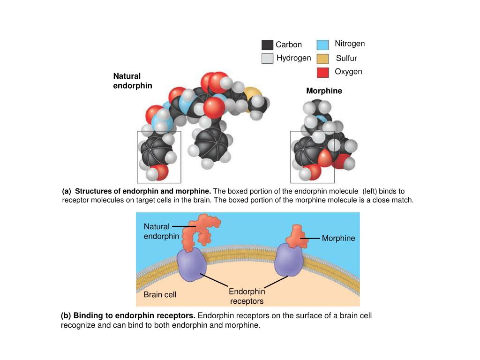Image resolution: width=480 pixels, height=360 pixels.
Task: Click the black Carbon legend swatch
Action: point(267,45)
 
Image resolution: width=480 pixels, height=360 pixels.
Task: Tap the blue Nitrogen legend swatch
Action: point(322,45)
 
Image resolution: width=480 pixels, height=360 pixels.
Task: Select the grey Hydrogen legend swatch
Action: point(267,59)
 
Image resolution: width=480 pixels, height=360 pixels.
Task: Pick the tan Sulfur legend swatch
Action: point(322,59)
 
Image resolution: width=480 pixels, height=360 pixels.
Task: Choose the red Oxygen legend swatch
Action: point(322,73)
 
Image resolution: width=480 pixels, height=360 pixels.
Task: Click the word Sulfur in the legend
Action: point(346,59)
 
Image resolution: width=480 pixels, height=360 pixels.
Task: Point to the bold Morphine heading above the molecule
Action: point(324,91)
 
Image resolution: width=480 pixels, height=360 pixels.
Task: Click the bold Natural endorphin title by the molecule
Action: point(133,81)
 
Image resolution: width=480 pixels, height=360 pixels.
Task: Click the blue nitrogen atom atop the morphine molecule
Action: point(320,120)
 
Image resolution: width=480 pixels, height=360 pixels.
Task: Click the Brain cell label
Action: point(160,295)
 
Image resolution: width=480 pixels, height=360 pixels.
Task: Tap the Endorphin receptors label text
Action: point(247,296)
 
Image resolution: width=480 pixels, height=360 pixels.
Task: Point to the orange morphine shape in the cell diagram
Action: point(295,237)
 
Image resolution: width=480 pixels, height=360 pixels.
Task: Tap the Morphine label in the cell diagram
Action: point(338,238)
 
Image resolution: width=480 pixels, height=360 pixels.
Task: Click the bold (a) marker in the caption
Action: point(67,191)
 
